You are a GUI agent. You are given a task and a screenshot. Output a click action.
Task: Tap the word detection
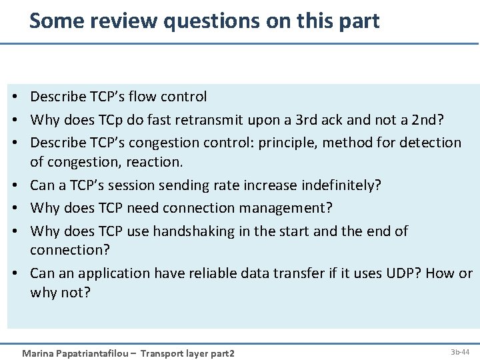pos(427,142)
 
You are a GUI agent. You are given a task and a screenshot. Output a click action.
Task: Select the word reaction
pos(153,161)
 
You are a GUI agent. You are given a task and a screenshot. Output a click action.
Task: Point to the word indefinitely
pos(341,185)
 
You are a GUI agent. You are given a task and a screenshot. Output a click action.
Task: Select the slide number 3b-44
pos(460,351)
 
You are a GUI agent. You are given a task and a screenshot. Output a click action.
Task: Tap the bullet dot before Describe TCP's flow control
pos(13,97)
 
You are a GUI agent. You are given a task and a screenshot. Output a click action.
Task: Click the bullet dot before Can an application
pos(13,273)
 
